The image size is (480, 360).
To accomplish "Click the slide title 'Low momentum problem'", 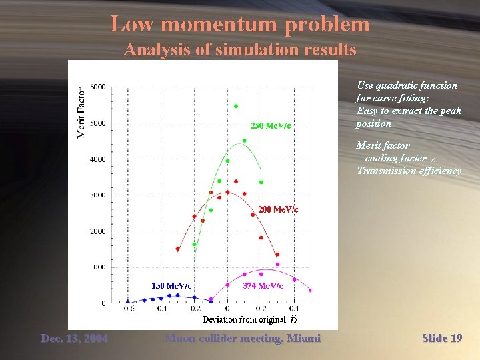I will tap(240, 25).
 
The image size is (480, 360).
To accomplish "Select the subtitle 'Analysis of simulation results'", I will tap(240, 50).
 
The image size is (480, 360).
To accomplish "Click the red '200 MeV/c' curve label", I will tap(278, 209).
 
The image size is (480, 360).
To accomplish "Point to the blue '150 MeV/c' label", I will tap(171, 285).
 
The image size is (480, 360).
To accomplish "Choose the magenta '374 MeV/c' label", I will tap(263, 285).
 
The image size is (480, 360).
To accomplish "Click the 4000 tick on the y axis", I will tap(97, 159).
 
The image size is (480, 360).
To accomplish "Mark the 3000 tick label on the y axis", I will tap(97, 195).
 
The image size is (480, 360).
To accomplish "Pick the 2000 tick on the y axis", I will tap(97, 231).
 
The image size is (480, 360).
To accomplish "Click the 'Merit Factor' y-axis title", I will tap(81, 113).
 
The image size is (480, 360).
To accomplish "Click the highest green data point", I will tap(236, 106).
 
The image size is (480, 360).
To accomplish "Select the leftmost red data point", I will tap(177, 249).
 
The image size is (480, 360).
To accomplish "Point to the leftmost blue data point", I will tap(128, 303).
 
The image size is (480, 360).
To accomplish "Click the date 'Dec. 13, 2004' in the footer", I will tap(74, 339).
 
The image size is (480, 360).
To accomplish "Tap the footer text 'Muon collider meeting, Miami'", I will tap(243, 339).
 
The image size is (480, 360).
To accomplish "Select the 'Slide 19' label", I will tap(441, 339).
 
